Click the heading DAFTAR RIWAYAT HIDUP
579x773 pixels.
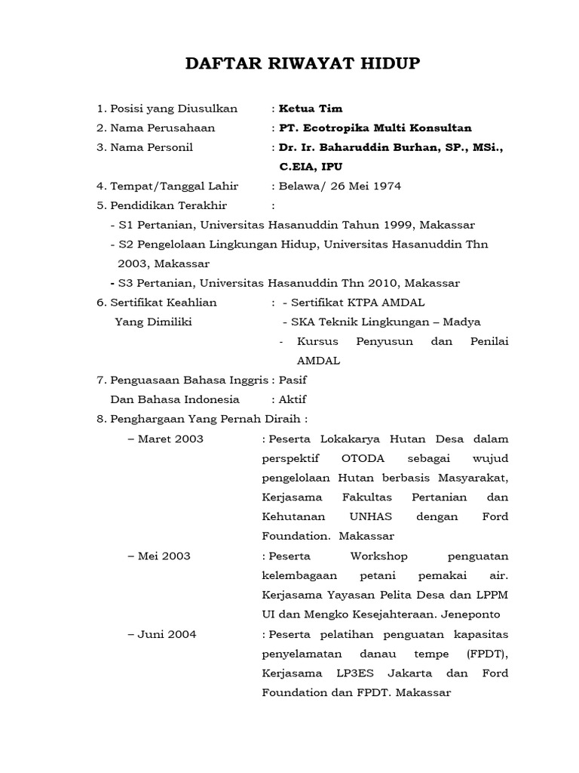click(303, 64)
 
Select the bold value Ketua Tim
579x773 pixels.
click(311, 109)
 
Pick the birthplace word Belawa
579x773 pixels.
click(299, 186)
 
